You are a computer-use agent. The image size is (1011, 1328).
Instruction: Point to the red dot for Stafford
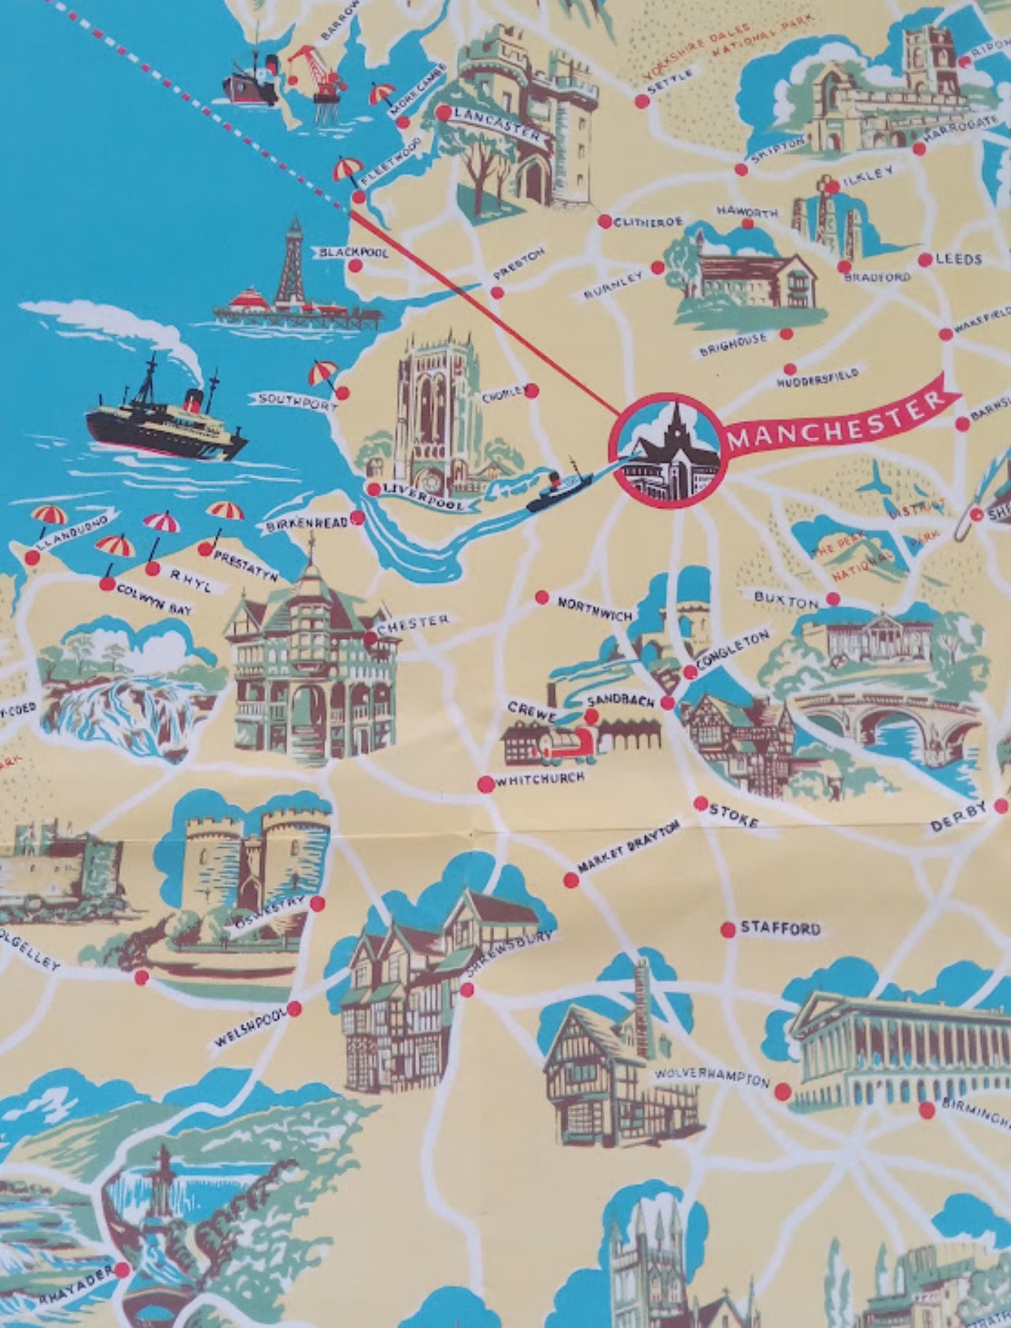(x=727, y=929)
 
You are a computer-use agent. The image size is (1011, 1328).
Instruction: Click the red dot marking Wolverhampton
(x=782, y=1092)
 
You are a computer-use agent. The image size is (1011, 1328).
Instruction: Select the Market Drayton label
(x=629, y=847)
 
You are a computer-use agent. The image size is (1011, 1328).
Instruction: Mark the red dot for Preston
(x=497, y=293)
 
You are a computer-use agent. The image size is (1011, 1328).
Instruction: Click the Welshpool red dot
(x=294, y=1009)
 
